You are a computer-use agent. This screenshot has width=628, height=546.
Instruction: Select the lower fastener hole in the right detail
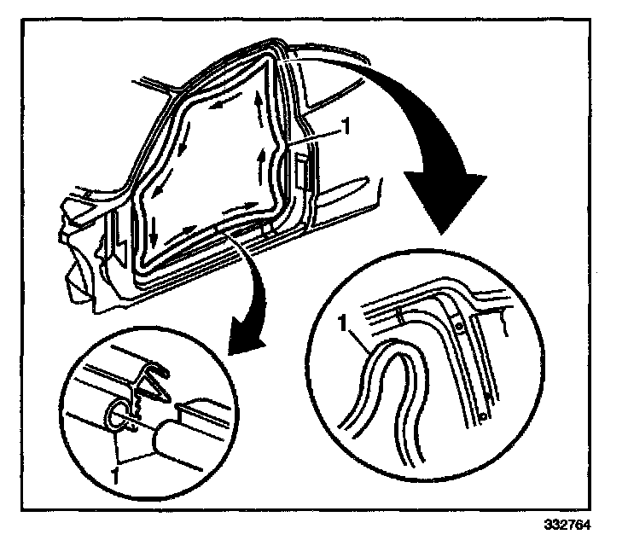coord(482,416)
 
